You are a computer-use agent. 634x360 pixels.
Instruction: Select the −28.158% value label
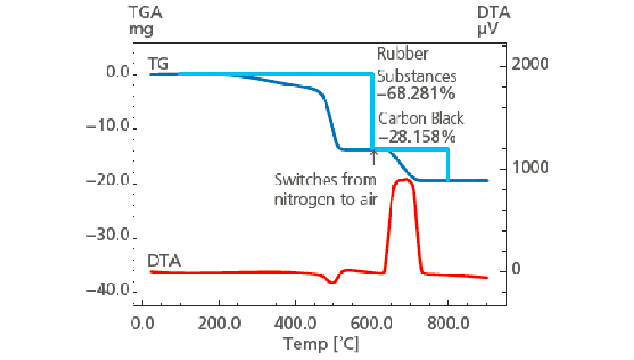pos(417,135)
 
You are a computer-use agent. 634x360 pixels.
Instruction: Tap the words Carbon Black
pos(420,119)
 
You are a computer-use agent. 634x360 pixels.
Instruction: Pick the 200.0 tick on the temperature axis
pos(219,322)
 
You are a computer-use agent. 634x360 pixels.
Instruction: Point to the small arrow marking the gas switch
pos(373,156)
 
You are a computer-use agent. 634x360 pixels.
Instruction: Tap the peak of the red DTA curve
pos(404,180)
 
